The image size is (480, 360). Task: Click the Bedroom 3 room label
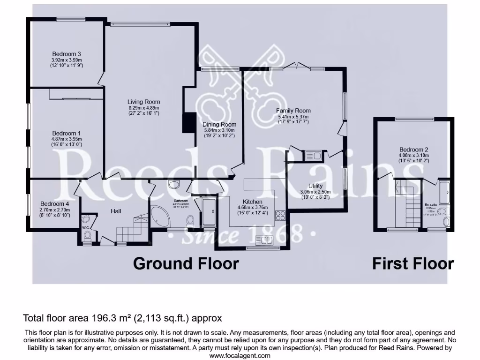click(x=67, y=54)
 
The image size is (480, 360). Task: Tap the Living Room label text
click(x=144, y=102)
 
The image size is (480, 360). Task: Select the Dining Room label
click(x=219, y=125)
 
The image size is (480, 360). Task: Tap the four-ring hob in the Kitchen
click(x=280, y=216)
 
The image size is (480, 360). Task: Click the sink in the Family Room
click(x=312, y=155)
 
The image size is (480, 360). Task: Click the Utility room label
click(x=316, y=186)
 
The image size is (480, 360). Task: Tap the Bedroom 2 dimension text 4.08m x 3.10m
click(x=413, y=155)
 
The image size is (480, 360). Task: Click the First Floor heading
click(x=413, y=263)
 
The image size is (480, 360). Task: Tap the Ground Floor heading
click(x=186, y=263)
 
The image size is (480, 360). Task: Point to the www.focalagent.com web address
click(x=240, y=355)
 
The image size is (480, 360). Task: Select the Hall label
click(x=116, y=211)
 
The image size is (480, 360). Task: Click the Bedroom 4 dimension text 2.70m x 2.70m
click(x=55, y=210)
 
